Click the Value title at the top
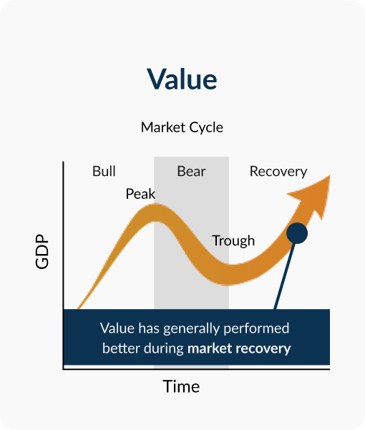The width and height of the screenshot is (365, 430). point(182,79)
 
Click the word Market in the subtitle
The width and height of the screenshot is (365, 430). point(163,127)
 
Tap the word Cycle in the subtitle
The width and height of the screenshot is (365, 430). point(206,128)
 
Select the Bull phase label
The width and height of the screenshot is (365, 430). point(104,171)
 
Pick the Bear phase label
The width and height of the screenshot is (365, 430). point(191,172)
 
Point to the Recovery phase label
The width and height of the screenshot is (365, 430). point(278,172)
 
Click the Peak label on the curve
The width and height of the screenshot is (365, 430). point(140,194)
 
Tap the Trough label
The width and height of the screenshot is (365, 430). point(233,241)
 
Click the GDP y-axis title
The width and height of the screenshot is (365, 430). point(42,251)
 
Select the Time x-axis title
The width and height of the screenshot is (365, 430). point(181,386)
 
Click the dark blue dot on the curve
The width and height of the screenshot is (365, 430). point(297,233)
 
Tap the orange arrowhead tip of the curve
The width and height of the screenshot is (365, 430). point(329,176)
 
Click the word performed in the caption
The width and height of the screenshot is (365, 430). point(256,329)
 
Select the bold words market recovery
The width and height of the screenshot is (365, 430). point(239,349)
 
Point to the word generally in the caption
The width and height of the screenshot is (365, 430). point(191,329)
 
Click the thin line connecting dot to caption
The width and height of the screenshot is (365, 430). point(285,276)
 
